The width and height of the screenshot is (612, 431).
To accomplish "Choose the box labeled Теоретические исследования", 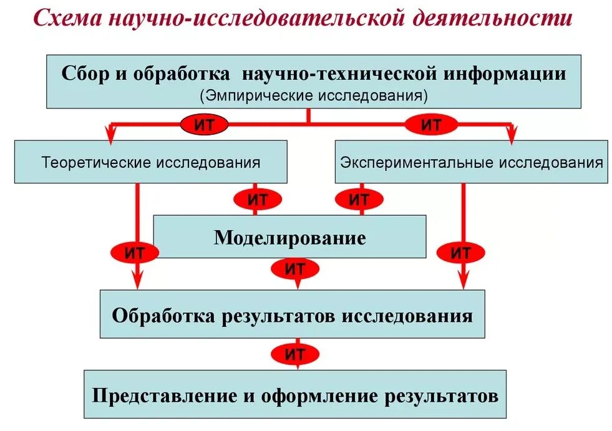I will click(150, 162).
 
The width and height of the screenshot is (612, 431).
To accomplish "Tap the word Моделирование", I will click(289, 238).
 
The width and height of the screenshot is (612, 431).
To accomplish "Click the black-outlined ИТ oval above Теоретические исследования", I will click(204, 125).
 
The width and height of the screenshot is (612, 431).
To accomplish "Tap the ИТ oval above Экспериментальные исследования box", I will click(431, 125).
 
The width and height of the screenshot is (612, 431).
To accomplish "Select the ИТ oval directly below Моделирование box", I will click(294, 269).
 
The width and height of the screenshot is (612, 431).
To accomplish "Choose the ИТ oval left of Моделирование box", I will click(135, 253).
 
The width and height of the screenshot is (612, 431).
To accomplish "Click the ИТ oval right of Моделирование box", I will click(461, 253).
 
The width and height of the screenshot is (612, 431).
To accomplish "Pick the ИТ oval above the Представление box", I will click(294, 355).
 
